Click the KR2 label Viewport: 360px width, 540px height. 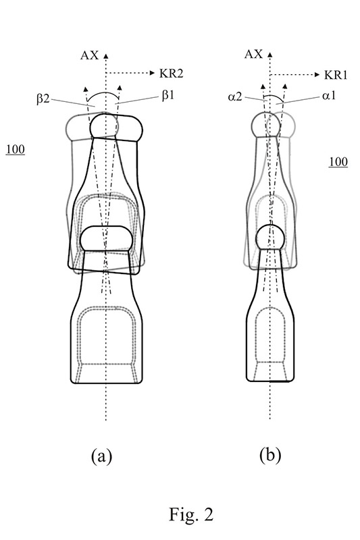click(x=171, y=74)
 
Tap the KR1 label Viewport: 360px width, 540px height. click(x=336, y=75)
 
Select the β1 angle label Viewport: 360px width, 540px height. click(x=168, y=95)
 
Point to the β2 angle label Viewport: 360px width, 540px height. click(x=43, y=99)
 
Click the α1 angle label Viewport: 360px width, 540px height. click(x=329, y=96)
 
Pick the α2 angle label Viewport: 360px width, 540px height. click(x=234, y=97)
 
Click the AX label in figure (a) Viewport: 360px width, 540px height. click(x=90, y=55)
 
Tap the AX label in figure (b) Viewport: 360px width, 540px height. click(x=253, y=54)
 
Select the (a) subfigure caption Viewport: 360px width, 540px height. click(x=101, y=457)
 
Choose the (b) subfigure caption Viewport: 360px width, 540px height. click(x=270, y=455)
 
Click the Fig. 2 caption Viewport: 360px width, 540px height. click(x=191, y=514)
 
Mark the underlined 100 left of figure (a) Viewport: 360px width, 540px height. click(x=15, y=149)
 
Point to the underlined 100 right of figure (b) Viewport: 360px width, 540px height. click(x=338, y=162)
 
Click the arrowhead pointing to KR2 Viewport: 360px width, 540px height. click(x=153, y=73)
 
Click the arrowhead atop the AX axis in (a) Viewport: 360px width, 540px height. click(x=106, y=56)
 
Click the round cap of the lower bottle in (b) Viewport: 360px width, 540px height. click(x=271, y=238)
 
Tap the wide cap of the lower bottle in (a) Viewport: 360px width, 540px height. click(x=106, y=238)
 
